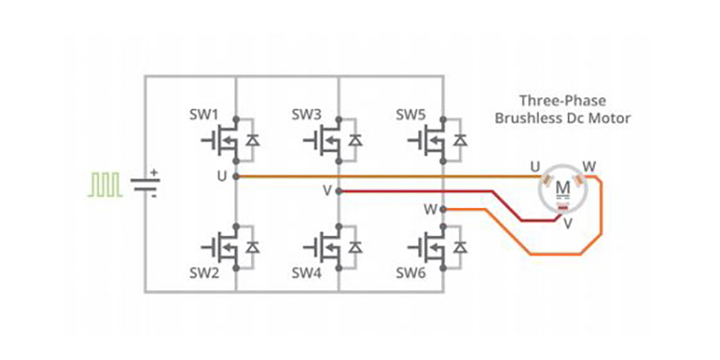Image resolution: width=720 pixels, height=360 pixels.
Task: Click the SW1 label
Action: (x=203, y=115)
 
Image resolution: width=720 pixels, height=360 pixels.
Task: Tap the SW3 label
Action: (x=307, y=115)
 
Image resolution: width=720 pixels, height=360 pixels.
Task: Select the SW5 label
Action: (x=411, y=115)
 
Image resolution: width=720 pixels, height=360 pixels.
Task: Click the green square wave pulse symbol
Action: (x=104, y=184)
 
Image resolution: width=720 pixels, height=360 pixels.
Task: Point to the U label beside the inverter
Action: (x=221, y=175)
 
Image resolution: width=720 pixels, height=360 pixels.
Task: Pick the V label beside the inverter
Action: (x=327, y=191)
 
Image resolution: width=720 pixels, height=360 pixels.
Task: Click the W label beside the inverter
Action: (x=431, y=210)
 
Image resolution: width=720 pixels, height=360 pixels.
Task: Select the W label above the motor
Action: (x=589, y=166)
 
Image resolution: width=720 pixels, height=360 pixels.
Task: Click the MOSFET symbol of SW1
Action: (x=218, y=139)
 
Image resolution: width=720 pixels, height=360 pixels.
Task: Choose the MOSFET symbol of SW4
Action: (x=321, y=246)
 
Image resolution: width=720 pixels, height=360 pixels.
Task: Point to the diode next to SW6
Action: (x=461, y=246)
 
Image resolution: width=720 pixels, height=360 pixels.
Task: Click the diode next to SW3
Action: (x=356, y=139)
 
